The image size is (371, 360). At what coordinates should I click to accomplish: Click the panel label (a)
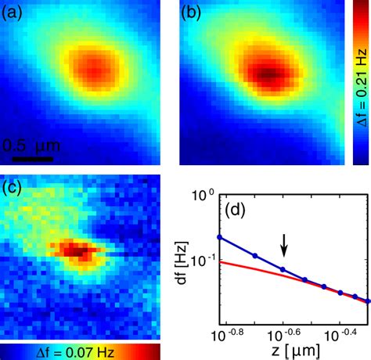(16, 13)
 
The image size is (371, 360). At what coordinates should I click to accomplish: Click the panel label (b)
(194, 13)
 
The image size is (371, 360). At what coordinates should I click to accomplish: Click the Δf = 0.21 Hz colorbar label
(358, 81)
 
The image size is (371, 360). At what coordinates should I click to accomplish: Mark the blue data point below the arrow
(283, 270)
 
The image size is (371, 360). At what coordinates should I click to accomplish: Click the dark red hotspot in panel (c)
(76, 250)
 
